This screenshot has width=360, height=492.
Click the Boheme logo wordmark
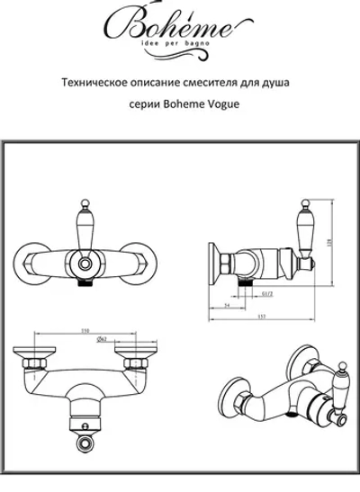click(179, 24)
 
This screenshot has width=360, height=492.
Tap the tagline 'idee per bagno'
click(179, 44)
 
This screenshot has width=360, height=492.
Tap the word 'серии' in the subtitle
click(139, 103)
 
